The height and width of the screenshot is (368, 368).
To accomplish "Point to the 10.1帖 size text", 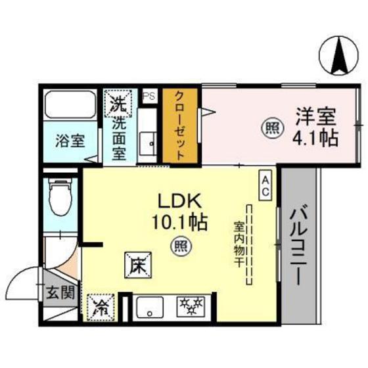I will click(x=177, y=221).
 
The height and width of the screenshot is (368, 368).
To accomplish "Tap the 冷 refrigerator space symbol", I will click(x=103, y=305).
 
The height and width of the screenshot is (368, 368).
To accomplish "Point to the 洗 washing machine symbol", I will click(x=116, y=103).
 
